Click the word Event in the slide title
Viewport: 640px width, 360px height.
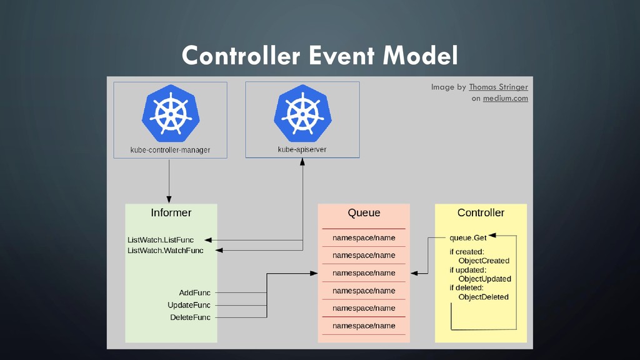[342, 56]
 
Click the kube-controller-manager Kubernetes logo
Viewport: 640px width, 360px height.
[170, 112]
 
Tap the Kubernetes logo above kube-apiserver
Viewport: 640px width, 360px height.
[302, 112]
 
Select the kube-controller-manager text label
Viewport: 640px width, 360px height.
[170, 150]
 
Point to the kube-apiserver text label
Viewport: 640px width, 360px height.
[302, 150]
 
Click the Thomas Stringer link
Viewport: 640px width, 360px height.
[498, 87]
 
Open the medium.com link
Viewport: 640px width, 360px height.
[505, 98]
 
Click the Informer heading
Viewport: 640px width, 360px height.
[171, 212]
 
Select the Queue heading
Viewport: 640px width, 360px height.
[364, 212]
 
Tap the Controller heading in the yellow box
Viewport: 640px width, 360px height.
[481, 212]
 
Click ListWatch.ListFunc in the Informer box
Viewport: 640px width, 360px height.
[161, 240]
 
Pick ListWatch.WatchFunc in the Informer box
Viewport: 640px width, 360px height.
[165, 251]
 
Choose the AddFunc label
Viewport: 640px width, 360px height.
[194, 292]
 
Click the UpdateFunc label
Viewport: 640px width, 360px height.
[189, 305]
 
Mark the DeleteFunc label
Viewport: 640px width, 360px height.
[190, 317]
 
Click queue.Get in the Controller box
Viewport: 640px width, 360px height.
[468, 237]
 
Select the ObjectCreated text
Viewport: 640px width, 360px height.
[484, 261]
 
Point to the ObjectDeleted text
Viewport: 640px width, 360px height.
[483, 297]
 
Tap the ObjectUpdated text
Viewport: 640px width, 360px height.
[484, 279]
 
